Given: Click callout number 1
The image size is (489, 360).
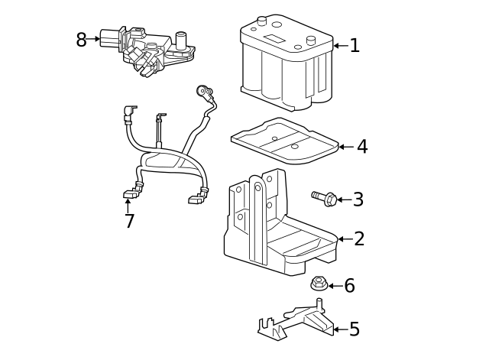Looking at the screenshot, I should [355, 46].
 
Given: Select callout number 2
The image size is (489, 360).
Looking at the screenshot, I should [359, 239].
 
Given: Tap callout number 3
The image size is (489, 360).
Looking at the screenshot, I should [358, 200].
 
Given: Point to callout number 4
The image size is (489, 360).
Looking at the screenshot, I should [362, 147].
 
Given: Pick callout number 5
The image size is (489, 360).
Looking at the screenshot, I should [354, 330].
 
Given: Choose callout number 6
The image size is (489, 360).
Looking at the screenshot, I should [349, 286].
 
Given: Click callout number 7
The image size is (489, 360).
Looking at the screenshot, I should [129, 222].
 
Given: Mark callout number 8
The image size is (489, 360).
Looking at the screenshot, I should [81, 40].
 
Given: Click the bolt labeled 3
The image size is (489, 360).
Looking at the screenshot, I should [325, 198].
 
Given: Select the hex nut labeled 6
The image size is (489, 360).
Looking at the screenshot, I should [319, 284].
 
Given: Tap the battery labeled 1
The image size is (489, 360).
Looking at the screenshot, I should [287, 65].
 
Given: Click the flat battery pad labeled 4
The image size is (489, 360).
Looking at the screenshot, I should [285, 141].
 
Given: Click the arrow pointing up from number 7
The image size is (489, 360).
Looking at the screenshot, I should [128, 204].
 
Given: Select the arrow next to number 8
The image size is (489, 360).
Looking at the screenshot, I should [95, 39].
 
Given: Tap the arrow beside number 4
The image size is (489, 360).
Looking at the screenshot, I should [345, 147].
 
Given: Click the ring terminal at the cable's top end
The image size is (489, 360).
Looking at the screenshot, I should [204, 91].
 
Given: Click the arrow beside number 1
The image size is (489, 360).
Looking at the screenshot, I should [339, 46].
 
